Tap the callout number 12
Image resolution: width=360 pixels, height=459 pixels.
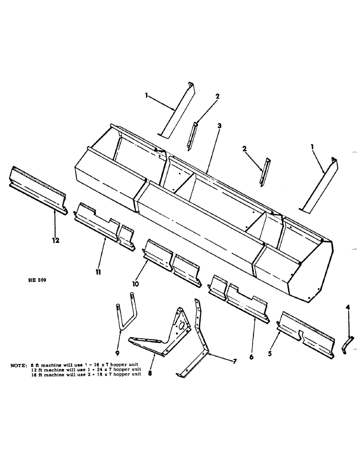(x=56, y=239)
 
